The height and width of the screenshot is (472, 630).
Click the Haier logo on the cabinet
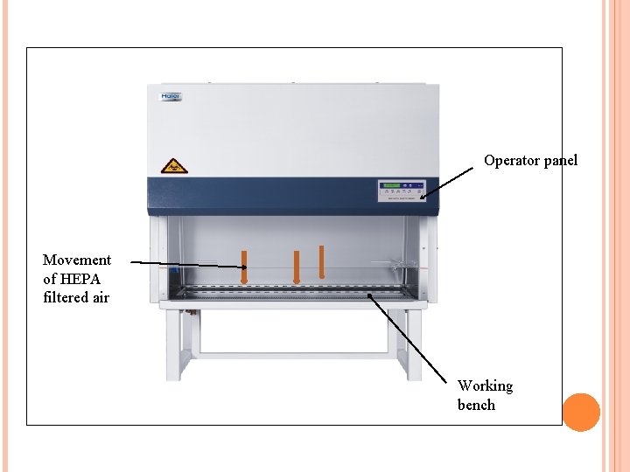point(170,97)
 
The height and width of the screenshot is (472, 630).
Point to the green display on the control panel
point(389,184)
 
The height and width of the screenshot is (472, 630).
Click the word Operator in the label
point(512,161)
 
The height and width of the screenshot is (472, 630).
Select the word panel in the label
point(561,161)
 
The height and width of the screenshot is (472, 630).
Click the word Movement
point(77,260)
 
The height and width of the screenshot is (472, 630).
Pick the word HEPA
point(85,279)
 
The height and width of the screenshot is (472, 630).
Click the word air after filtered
point(101,297)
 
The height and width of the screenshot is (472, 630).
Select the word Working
point(485,385)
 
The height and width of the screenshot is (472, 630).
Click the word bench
point(476,405)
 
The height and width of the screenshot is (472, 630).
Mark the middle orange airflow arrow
point(297,267)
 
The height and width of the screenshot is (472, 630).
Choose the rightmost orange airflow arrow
point(322,261)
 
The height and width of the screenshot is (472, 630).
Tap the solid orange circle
point(581,413)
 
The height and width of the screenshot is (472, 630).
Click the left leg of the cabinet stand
point(175,344)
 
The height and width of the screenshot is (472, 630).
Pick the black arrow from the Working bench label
point(412,337)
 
